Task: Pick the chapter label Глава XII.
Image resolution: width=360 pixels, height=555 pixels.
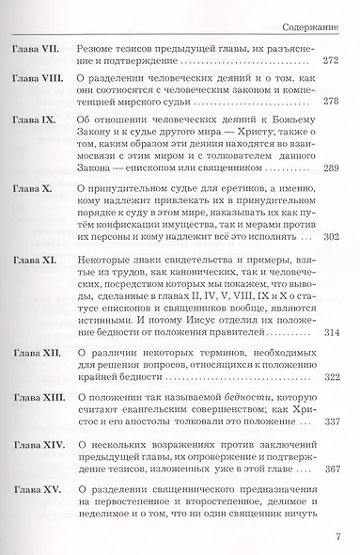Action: click(32, 370)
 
